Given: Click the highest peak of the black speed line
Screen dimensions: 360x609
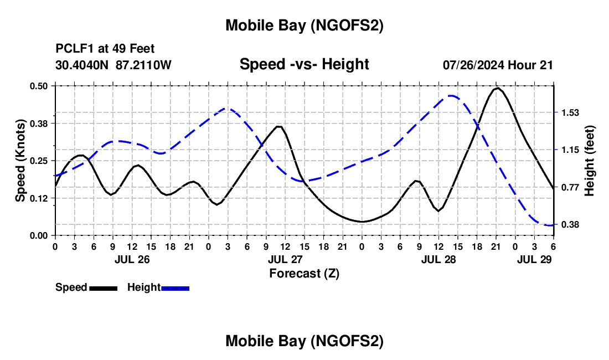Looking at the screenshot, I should pos(498,88).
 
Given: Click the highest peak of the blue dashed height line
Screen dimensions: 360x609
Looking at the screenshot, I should pos(452,96).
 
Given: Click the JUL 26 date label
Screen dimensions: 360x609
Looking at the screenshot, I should pos(132,259).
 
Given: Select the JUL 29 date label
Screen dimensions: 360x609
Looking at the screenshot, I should pos(535,259).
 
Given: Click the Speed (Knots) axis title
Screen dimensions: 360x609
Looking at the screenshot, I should pos(20,161).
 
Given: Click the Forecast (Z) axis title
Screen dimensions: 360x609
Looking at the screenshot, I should pos(304,272).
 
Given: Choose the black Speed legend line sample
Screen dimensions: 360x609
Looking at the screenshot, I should pos(103,288).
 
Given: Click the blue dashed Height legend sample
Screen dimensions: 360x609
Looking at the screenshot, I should pos(175,288).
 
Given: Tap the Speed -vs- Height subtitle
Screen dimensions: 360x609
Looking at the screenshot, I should pos(304,64).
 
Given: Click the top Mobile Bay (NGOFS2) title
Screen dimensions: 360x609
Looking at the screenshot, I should pos(304,25).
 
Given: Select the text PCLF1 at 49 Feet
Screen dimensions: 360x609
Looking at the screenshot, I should pos(105,49).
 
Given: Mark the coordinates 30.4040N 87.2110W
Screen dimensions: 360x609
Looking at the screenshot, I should pos(113,65).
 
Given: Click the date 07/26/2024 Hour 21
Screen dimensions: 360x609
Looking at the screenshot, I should pos(498,65).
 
